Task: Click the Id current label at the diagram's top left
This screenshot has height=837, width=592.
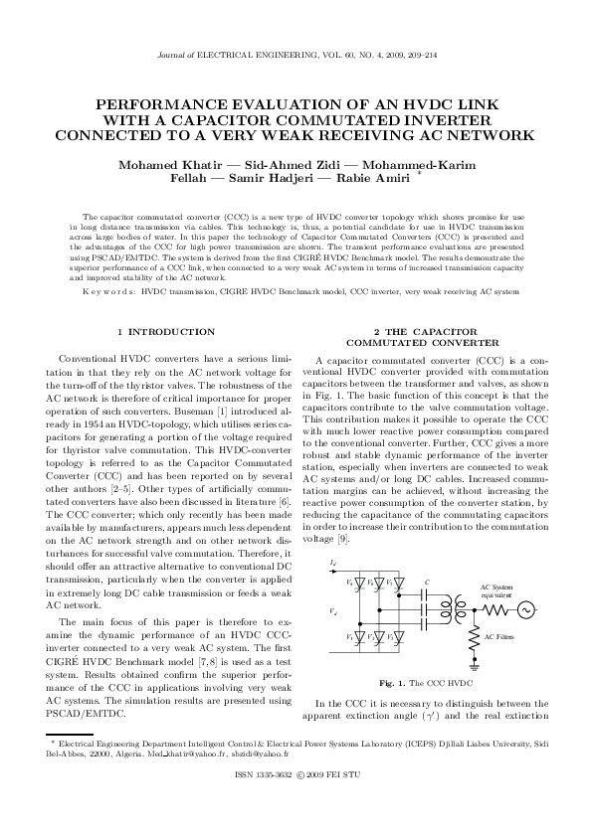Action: pos(331,564)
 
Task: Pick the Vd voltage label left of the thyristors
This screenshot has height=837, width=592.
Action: pos(331,610)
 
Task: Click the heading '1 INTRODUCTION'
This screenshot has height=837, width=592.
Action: pos(166,331)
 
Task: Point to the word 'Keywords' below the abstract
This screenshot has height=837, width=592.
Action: pos(106,292)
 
